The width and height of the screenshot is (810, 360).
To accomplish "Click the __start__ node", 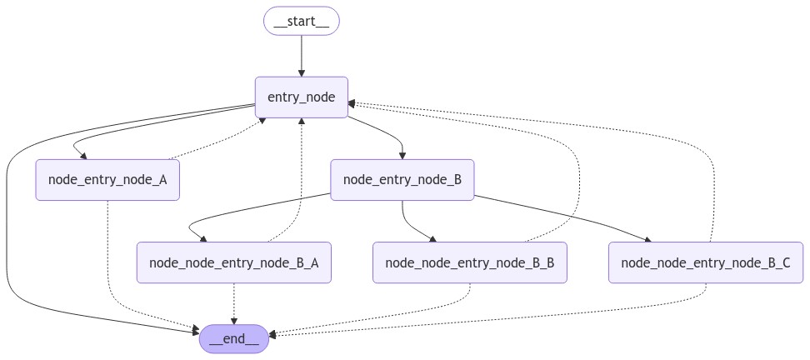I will pos(301,21).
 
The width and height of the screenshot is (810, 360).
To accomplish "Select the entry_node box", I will pos(301,97).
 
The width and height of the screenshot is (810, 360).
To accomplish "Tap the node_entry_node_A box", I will pos(107,180).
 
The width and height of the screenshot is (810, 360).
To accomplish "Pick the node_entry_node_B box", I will pos(402,180).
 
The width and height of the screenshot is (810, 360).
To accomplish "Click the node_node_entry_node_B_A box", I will pos(233,262).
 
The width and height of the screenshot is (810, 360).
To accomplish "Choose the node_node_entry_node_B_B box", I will pos(469,262).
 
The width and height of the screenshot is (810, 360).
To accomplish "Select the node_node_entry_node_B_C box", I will pos(706,262).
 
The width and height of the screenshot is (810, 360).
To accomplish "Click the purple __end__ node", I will pos(233,338).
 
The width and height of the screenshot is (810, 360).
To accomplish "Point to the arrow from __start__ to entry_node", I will pos(301,55).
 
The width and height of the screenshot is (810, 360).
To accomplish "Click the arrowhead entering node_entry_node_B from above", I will pos(402,155).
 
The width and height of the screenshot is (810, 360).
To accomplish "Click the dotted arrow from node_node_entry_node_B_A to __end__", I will pos(233,303).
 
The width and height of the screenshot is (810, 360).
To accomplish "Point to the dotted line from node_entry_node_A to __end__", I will pos(108,250).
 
